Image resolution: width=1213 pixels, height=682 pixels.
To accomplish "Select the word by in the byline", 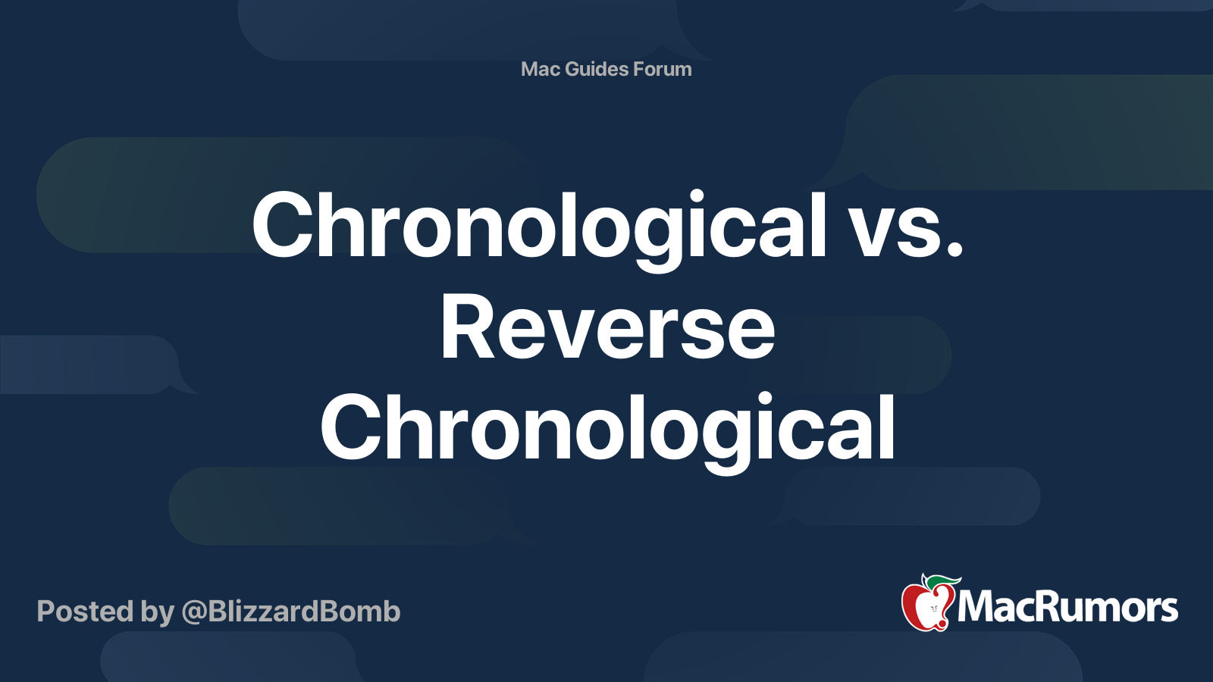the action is [x=158, y=614].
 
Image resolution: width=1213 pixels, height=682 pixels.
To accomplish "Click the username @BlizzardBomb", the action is [x=291, y=612].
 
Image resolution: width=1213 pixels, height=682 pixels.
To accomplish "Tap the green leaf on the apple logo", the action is [x=941, y=583].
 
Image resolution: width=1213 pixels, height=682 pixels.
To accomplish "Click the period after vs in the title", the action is [x=954, y=248].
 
